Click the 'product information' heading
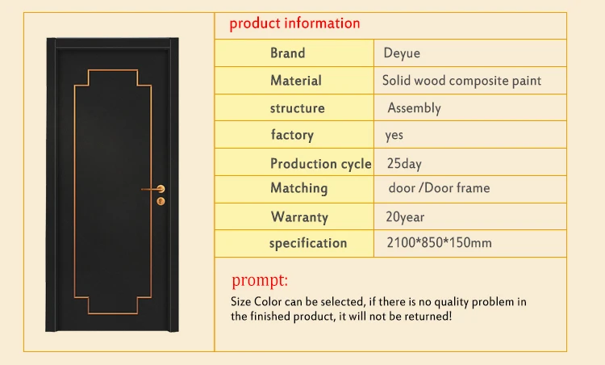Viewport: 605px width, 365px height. point(294,23)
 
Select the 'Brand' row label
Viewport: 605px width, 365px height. point(288,53)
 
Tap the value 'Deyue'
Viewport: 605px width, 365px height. point(402,53)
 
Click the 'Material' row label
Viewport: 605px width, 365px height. point(296,81)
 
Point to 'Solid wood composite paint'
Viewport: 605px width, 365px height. point(461,81)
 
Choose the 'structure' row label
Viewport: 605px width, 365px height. point(298,108)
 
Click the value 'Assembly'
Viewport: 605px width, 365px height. point(414,108)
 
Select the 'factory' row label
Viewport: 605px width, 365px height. point(292,135)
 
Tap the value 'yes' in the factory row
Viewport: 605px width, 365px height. point(394,135)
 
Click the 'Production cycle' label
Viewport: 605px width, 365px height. point(320,163)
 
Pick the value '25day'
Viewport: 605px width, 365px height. point(404,163)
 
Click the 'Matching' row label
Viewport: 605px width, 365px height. point(299,188)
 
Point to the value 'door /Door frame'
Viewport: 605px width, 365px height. point(439,188)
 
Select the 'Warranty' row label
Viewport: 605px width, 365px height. point(299,216)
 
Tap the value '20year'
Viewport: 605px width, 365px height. point(406,216)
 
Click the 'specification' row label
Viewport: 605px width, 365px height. point(308,243)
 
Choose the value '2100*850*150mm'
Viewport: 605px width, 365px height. point(440,243)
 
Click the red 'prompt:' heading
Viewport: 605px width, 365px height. point(260,281)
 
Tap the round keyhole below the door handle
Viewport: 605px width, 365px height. point(161,200)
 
